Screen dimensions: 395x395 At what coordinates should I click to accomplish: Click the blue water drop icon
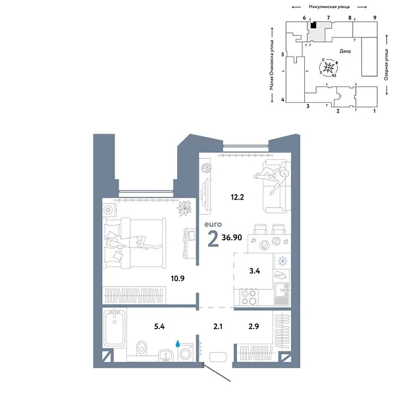[x=178, y=342]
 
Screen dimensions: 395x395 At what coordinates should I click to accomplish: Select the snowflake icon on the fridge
[x=283, y=262]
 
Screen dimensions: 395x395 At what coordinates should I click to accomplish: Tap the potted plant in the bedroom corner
[x=184, y=207]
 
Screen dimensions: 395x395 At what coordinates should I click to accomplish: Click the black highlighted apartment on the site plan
[x=313, y=26]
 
